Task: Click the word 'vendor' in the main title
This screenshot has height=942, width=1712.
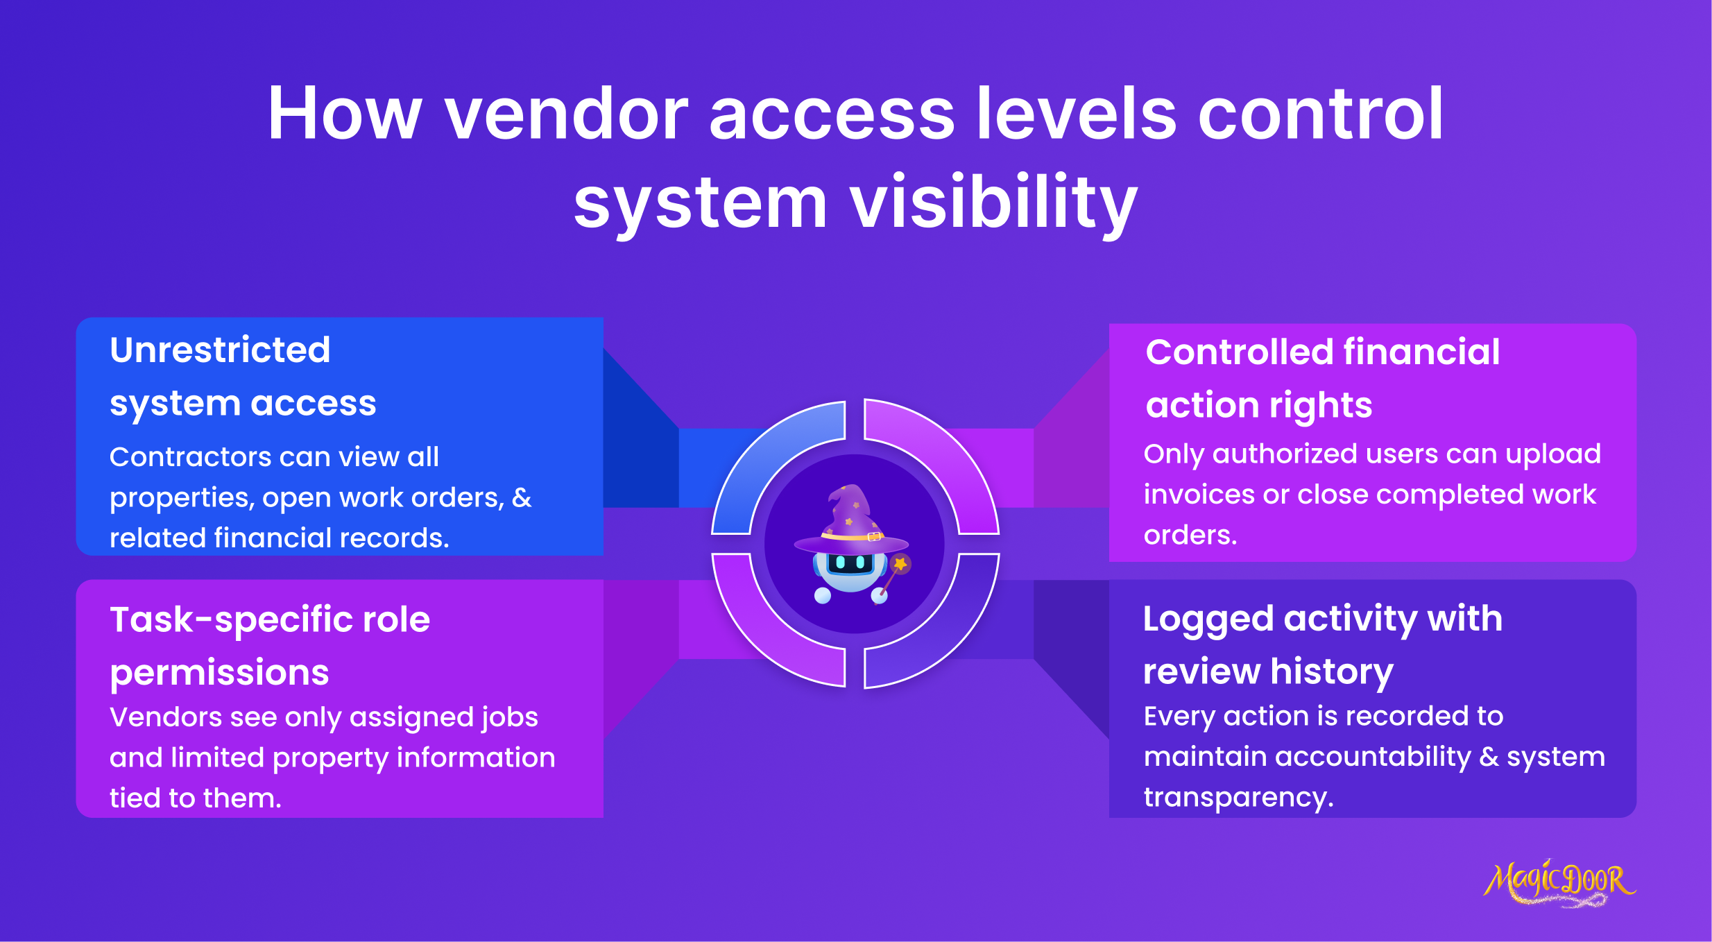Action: click(x=566, y=114)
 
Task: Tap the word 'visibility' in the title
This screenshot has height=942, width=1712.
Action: click(x=993, y=203)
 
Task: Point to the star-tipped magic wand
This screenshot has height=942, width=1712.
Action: click(x=894, y=576)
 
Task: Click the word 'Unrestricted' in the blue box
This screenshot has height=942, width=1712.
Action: click(x=220, y=350)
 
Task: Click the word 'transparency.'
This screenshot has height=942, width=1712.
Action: click(x=1239, y=797)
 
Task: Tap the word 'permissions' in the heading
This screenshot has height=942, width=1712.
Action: click(x=219, y=673)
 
